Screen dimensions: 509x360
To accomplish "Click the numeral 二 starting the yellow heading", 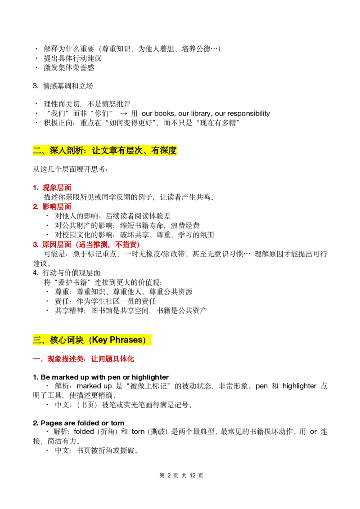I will click(x=37, y=151).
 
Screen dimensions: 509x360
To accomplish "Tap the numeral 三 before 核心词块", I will click(x=37, y=340).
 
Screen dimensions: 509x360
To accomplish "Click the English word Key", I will click(x=99, y=340).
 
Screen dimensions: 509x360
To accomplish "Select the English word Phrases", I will click(x=126, y=340).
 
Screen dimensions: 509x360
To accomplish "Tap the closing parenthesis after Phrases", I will click(x=145, y=340).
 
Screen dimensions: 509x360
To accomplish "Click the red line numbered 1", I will click(x=52, y=188).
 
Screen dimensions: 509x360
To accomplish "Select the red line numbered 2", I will click(x=52, y=207).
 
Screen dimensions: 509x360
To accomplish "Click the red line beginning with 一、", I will click(x=85, y=359).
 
